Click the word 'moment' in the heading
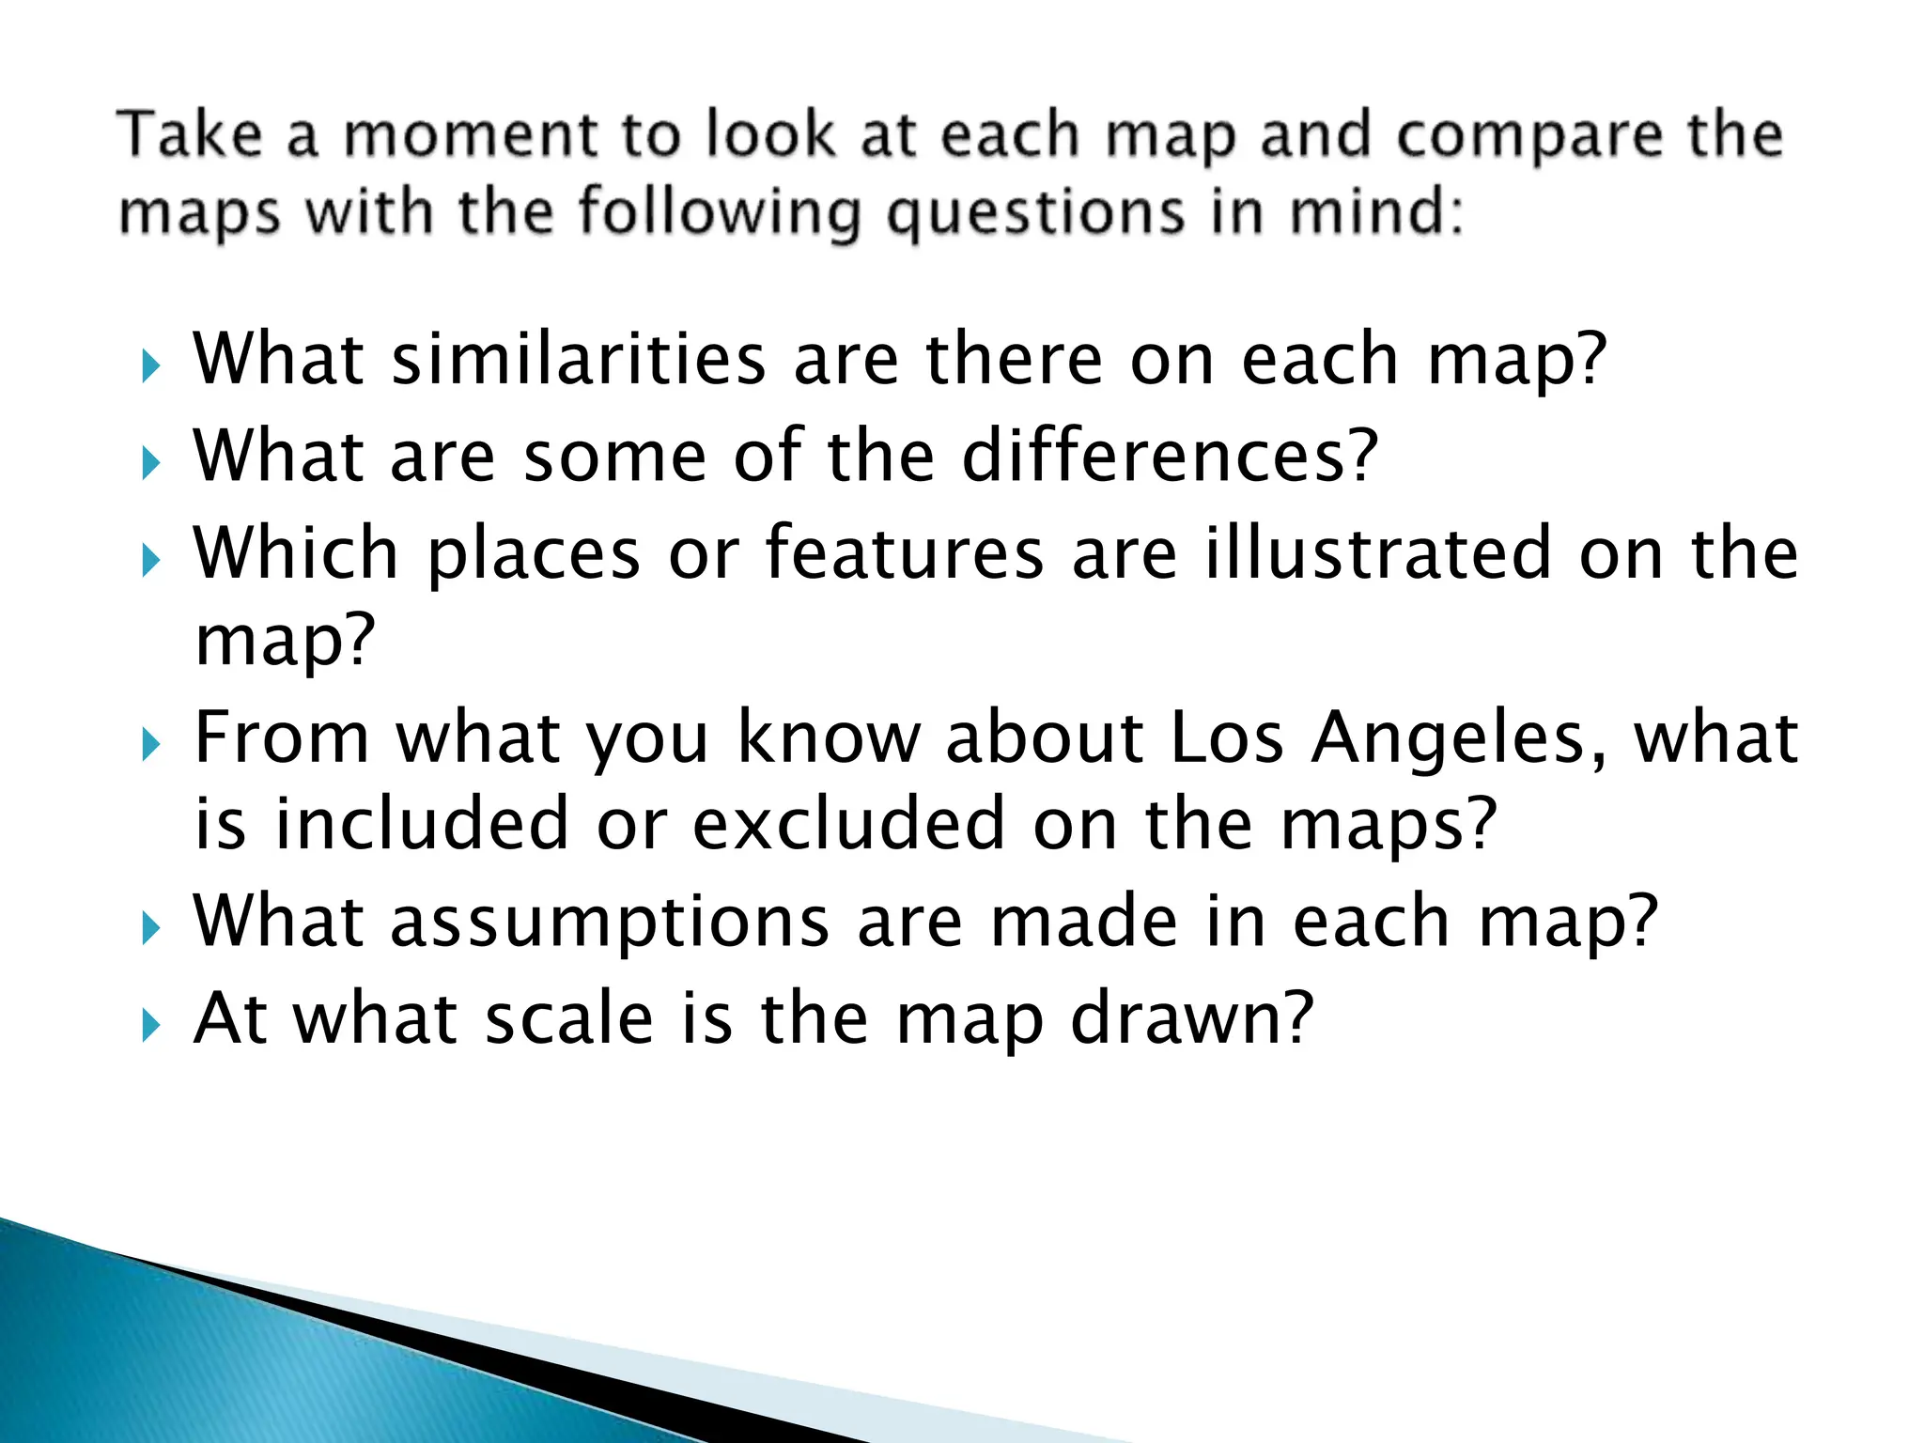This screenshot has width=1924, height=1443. click(x=469, y=135)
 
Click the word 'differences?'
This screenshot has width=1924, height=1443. click(x=1171, y=456)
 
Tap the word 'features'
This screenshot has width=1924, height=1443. click(x=905, y=553)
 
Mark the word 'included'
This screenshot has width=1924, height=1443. click(x=422, y=824)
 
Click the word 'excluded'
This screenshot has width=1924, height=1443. click(x=849, y=824)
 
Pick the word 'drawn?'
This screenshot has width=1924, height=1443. click(x=1191, y=1018)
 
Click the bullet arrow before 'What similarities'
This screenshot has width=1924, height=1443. click(x=150, y=366)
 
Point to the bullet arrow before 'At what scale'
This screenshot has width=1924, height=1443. click(x=150, y=1026)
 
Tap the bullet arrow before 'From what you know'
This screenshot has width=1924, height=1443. click(x=150, y=745)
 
